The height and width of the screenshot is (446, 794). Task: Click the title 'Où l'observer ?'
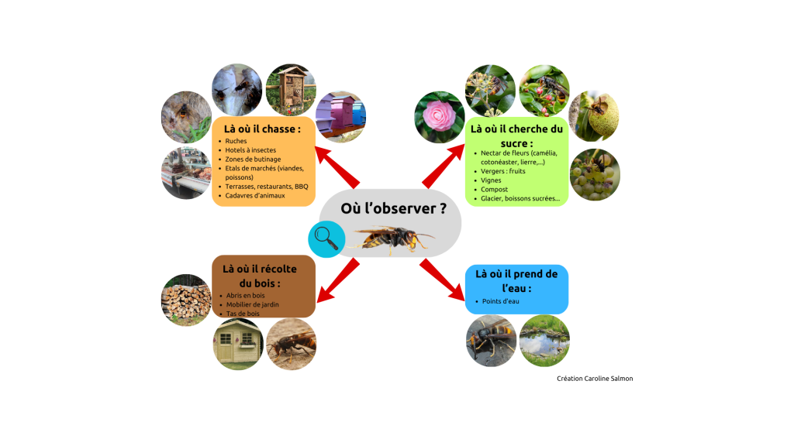click(394, 208)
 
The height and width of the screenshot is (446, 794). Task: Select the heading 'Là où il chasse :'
click(264, 129)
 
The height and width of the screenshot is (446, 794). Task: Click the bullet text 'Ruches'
click(236, 141)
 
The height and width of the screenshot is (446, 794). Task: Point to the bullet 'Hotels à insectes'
click(250, 150)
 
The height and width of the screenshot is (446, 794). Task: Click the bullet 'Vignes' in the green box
click(491, 180)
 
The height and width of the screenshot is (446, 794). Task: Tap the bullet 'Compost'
click(494, 190)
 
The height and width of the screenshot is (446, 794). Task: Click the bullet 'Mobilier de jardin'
click(252, 304)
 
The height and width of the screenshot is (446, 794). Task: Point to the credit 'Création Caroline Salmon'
click(595, 379)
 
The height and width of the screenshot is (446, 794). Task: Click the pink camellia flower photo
click(440, 118)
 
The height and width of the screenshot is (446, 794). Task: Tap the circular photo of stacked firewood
click(186, 299)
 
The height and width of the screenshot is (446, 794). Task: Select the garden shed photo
click(238, 344)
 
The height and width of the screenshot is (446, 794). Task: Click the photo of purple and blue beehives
click(341, 115)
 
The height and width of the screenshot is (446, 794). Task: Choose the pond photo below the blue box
click(544, 341)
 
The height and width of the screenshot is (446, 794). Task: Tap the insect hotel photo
click(291, 89)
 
